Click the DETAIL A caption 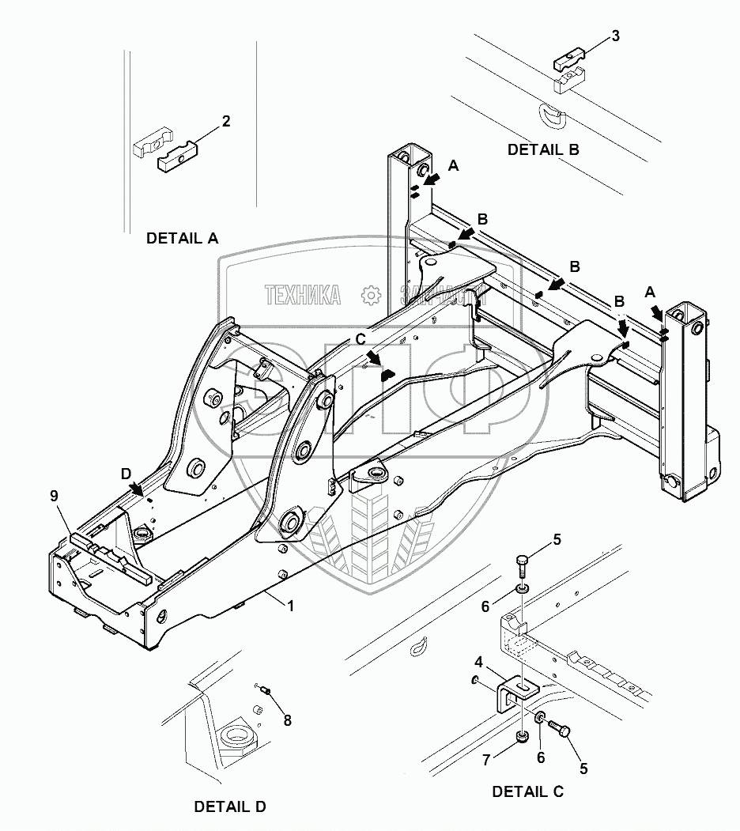pos(182,237)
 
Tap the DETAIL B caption pos(543,149)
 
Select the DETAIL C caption pos(527,791)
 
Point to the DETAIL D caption pos(230,806)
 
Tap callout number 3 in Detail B pos(616,36)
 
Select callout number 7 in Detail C pos(487,759)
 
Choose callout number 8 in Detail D pos(287,720)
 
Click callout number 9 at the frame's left pos(54,496)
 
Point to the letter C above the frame pos(361,339)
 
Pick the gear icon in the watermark pos(370,296)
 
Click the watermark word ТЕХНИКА pos(303,296)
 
